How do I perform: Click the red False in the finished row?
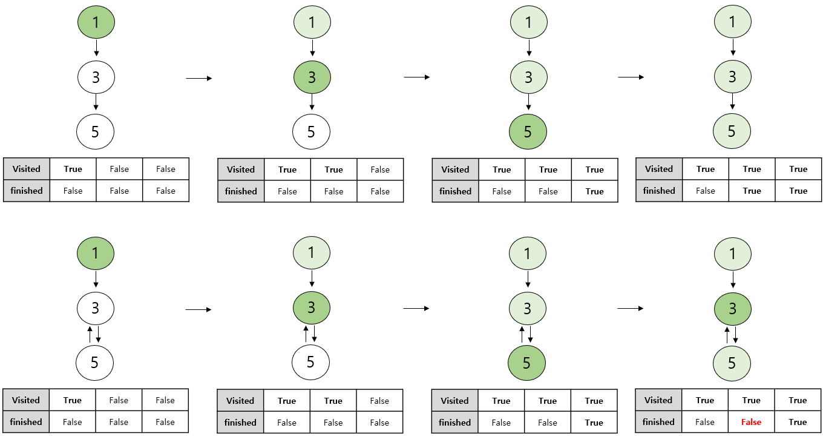[x=751, y=422]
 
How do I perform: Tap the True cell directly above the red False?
[x=751, y=400]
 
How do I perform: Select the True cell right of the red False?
[x=798, y=422]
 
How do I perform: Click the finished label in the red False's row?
[x=658, y=422]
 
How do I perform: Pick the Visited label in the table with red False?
[x=658, y=400]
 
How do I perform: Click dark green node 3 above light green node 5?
[x=733, y=309]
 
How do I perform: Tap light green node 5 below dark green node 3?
[x=732, y=363]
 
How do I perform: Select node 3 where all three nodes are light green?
[x=733, y=77]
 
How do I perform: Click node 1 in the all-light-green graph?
[x=733, y=22]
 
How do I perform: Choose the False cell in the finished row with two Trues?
[x=706, y=191]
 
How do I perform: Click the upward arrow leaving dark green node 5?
[x=522, y=334]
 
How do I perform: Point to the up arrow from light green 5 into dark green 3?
[x=727, y=335]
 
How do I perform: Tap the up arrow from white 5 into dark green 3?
[x=306, y=334]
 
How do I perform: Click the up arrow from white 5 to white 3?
[x=90, y=334]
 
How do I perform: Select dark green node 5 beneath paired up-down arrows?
[x=527, y=363]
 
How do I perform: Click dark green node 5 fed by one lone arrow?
[x=528, y=131]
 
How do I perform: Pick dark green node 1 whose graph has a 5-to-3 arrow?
[x=96, y=253]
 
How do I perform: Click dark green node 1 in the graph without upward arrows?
[x=96, y=22]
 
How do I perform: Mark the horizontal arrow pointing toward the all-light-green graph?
[x=631, y=77]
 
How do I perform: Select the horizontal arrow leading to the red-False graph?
[x=631, y=308]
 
